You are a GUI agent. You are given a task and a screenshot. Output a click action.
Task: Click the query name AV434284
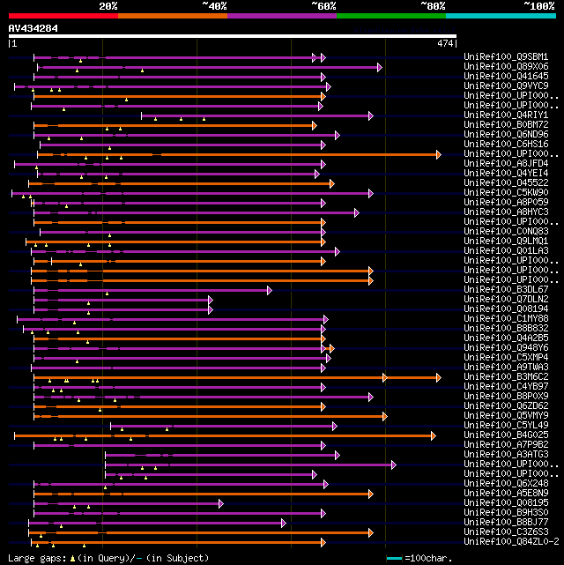33,28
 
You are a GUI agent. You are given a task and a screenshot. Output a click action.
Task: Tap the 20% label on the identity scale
108,6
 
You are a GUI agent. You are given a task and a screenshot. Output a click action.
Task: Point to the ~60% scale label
323,6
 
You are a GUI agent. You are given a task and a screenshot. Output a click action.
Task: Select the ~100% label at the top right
539,6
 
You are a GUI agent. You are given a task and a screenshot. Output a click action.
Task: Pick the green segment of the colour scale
390,15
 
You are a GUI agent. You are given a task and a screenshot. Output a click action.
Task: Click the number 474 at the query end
444,43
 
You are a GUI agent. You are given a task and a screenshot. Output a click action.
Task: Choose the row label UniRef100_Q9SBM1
506,57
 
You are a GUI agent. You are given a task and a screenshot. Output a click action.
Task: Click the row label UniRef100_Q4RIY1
506,115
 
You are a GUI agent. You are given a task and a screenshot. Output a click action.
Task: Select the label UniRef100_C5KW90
506,193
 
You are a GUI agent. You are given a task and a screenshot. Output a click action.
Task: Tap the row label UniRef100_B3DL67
506,290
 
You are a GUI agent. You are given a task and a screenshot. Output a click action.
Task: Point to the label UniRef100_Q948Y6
506,348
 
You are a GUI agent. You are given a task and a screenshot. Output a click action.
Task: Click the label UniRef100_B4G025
506,435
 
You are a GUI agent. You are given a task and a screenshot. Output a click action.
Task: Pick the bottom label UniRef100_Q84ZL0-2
508,542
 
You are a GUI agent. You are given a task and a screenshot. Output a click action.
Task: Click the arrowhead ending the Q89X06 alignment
380,67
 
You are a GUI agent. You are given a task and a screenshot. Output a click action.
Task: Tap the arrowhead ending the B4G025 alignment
433,435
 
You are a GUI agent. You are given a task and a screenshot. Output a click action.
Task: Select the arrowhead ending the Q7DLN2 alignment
210,300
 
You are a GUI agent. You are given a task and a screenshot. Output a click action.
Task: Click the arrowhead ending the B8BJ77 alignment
284,523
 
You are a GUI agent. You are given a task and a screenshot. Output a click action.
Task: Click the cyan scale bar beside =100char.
394,558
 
